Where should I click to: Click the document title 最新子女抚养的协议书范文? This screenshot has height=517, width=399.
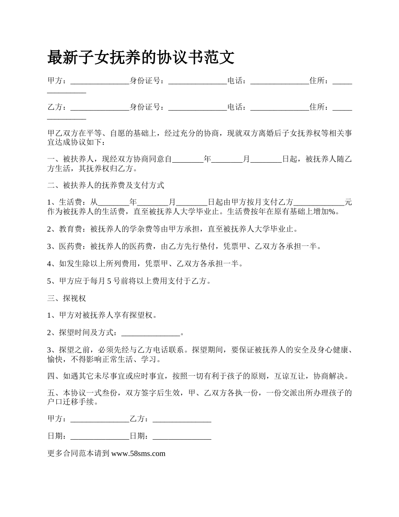141,58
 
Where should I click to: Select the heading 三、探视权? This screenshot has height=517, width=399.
67,298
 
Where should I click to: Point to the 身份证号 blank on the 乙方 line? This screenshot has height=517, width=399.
197,108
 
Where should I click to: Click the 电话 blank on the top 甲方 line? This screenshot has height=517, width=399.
280,81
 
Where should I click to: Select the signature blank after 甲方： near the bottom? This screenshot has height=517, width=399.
100,419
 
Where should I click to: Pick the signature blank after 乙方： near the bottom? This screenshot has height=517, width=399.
182,419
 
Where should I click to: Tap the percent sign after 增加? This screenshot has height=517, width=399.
332,211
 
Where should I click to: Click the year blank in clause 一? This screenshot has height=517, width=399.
188,159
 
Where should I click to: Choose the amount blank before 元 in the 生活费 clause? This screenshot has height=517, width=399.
319,202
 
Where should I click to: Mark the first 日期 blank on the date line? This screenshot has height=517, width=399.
100,437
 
